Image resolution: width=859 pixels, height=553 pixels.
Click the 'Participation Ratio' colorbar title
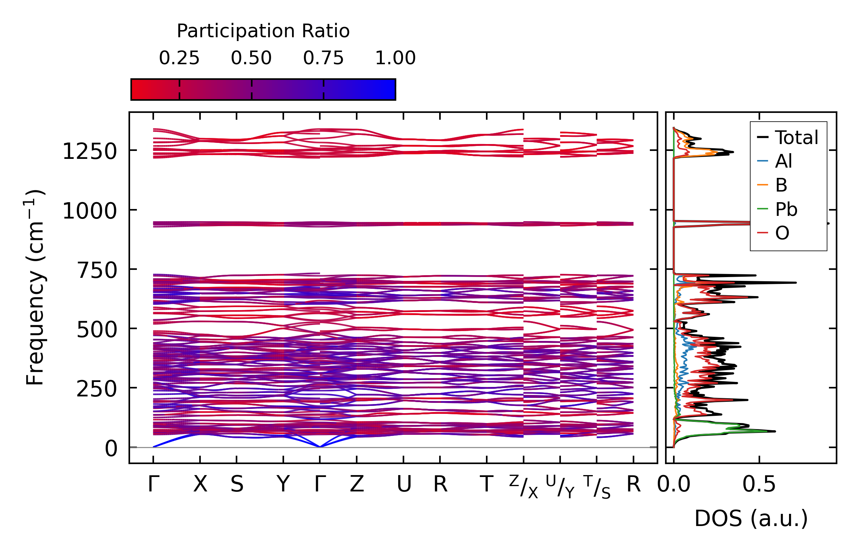[x=263, y=31]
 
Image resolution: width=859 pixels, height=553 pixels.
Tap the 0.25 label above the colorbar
[x=179, y=58]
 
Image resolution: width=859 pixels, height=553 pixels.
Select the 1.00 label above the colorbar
[x=395, y=58]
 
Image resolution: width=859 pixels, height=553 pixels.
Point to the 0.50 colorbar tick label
[x=251, y=58]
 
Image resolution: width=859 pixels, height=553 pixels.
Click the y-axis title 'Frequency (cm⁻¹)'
[x=35, y=287]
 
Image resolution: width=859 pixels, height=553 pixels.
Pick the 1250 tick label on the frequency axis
[x=90, y=152]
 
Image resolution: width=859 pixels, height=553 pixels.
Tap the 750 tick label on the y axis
[x=97, y=270]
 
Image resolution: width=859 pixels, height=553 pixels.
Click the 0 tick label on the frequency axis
[x=111, y=448]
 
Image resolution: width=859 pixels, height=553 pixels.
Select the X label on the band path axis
[x=200, y=484]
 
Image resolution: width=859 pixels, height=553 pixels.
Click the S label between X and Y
[x=237, y=484]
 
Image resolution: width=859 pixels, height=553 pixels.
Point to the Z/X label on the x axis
[x=524, y=486]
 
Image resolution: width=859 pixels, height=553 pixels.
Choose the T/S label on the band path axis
[x=597, y=486]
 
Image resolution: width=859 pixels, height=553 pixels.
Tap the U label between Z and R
[x=404, y=484]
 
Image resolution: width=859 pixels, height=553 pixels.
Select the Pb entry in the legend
[x=786, y=209]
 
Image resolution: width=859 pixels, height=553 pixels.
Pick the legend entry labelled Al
[x=783, y=161]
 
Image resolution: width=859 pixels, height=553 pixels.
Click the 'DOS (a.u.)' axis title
[x=751, y=518]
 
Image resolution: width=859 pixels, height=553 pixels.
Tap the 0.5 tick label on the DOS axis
[x=759, y=484]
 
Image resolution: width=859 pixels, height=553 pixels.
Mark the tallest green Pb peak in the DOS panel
[x=772, y=431]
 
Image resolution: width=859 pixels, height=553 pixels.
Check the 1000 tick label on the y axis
[x=90, y=211]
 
